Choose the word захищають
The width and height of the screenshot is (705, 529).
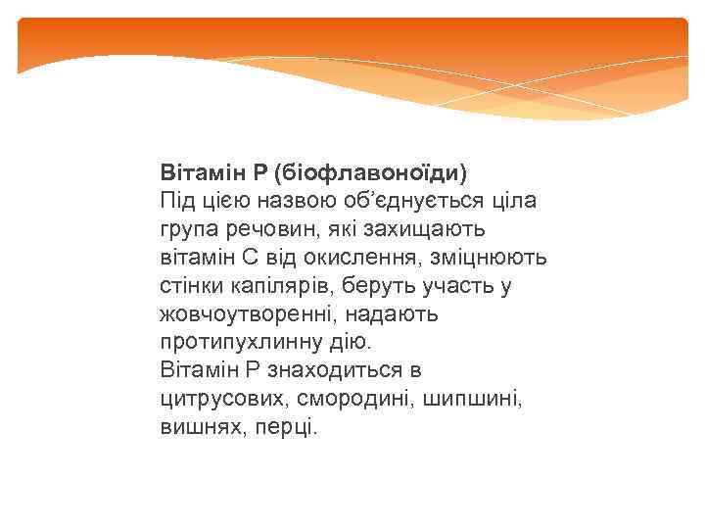pyautogui.click(x=431, y=228)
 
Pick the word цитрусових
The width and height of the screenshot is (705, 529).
pyautogui.click(x=209, y=400)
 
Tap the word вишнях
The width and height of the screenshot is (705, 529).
pyautogui.click(x=193, y=428)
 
